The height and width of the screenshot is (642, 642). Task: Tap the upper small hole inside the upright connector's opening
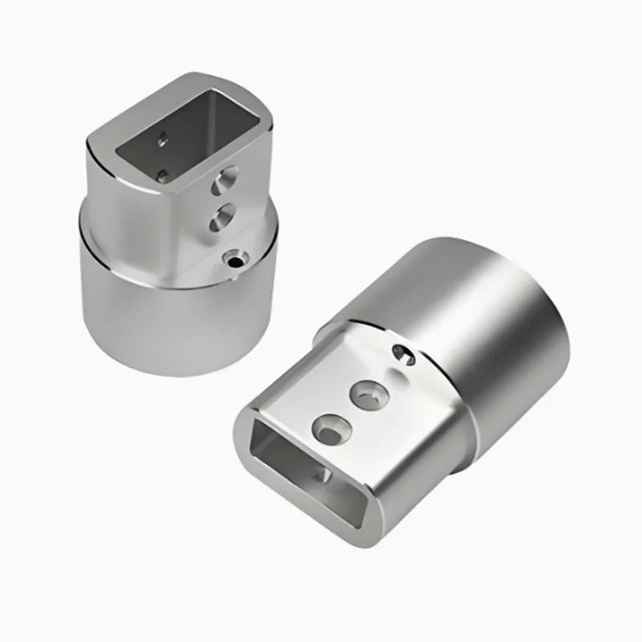(163, 140)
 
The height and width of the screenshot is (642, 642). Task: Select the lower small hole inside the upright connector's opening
(162, 174)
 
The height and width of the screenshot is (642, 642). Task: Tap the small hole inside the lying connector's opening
(326, 475)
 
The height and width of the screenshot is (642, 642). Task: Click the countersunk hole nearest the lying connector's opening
(331, 429)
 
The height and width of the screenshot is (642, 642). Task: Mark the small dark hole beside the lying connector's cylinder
(404, 354)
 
